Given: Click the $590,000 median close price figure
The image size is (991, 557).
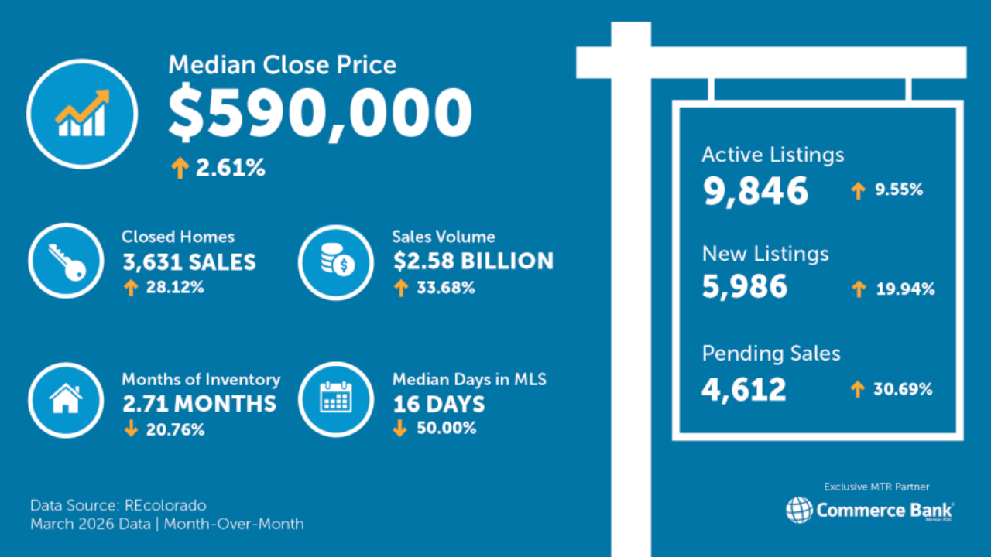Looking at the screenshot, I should [320, 114].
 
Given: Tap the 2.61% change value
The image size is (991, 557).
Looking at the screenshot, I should [230, 168].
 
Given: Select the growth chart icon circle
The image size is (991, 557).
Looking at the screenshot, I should [82, 114].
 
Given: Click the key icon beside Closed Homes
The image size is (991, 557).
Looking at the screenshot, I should [66, 261].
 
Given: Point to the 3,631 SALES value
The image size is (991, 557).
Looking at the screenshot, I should [189, 262].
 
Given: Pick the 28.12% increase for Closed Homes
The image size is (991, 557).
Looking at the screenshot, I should [175, 288].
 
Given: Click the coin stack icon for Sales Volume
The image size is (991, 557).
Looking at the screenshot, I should [336, 261].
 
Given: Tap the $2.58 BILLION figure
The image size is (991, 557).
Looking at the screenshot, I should [473, 261].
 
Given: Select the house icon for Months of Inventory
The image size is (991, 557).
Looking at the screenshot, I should [66, 399].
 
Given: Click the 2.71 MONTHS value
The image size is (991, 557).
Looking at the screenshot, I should [199, 404].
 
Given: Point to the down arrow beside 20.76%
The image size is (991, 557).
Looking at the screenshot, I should [130, 429].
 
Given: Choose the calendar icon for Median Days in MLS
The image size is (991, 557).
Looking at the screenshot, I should [336, 399].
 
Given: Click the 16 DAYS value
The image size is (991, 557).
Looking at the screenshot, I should [438, 404].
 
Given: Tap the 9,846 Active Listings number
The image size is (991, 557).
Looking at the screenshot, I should [756, 191].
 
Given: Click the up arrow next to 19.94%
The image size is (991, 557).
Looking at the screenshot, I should [858, 290].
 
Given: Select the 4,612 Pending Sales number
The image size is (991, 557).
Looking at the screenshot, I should [744, 389].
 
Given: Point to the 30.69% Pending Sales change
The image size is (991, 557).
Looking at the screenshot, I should [903, 389].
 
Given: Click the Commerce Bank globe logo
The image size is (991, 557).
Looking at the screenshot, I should [799, 510].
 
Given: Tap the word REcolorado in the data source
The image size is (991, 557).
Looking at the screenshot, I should [165, 505].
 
